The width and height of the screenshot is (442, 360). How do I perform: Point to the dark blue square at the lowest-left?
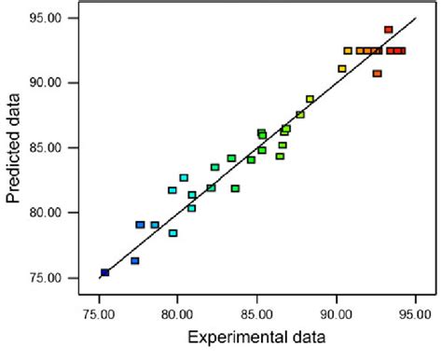(x=104, y=272)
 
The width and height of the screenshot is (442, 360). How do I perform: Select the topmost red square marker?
(x=388, y=30)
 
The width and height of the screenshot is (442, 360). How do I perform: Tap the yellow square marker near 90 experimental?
(x=342, y=68)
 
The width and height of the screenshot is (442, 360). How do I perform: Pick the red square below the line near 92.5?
(x=377, y=73)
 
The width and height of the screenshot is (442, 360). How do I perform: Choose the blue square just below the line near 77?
(x=134, y=261)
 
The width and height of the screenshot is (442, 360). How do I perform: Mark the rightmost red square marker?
(x=401, y=50)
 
